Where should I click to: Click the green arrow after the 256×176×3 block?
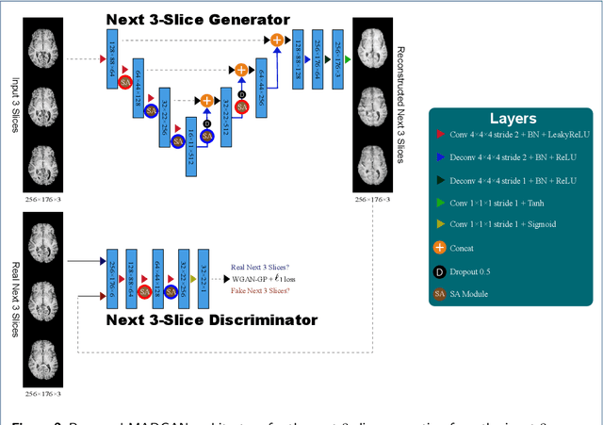tap(348, 59)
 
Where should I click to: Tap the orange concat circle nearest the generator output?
tap(276, 40)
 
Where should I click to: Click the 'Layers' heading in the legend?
tap(513, 120)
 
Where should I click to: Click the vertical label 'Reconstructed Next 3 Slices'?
tap(400, 104)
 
